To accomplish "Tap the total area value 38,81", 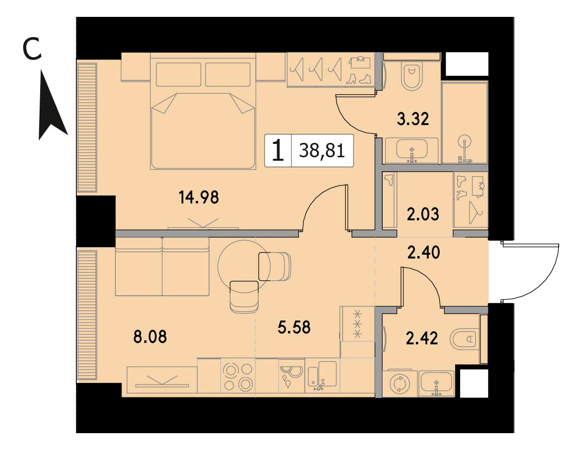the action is click(x=322, y=150).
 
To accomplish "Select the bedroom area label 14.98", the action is click(x=199, y=197).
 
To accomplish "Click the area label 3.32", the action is click(x=413, y=119).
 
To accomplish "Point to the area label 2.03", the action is click(x=423, y=214).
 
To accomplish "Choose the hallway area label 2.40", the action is click(x=423, y=253).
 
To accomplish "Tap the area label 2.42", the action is click(x=422, y=338).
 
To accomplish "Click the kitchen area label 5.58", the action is click(x=294, y=327).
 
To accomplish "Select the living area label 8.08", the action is click(x=150, y=337).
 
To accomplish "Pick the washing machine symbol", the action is click(x=400, y=383).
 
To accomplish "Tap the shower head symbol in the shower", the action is click(x=464, y=141).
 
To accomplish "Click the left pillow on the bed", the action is click(x=179, y=74).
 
